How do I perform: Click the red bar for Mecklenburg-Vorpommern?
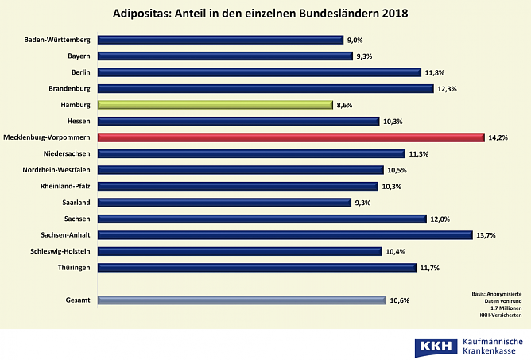[290, 137]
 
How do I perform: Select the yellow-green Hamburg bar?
[215, 104]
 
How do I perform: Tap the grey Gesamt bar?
[242, 300]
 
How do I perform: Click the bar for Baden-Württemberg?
[220, 40]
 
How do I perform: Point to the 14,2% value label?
[498, 137]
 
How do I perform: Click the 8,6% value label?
[345, 105]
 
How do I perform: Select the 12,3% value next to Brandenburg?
[446, 89]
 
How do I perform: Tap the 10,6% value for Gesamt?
[400, 300]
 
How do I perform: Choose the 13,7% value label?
[486, 235]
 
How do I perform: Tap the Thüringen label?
[72, 268]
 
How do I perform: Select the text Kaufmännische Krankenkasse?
[492, 346]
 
